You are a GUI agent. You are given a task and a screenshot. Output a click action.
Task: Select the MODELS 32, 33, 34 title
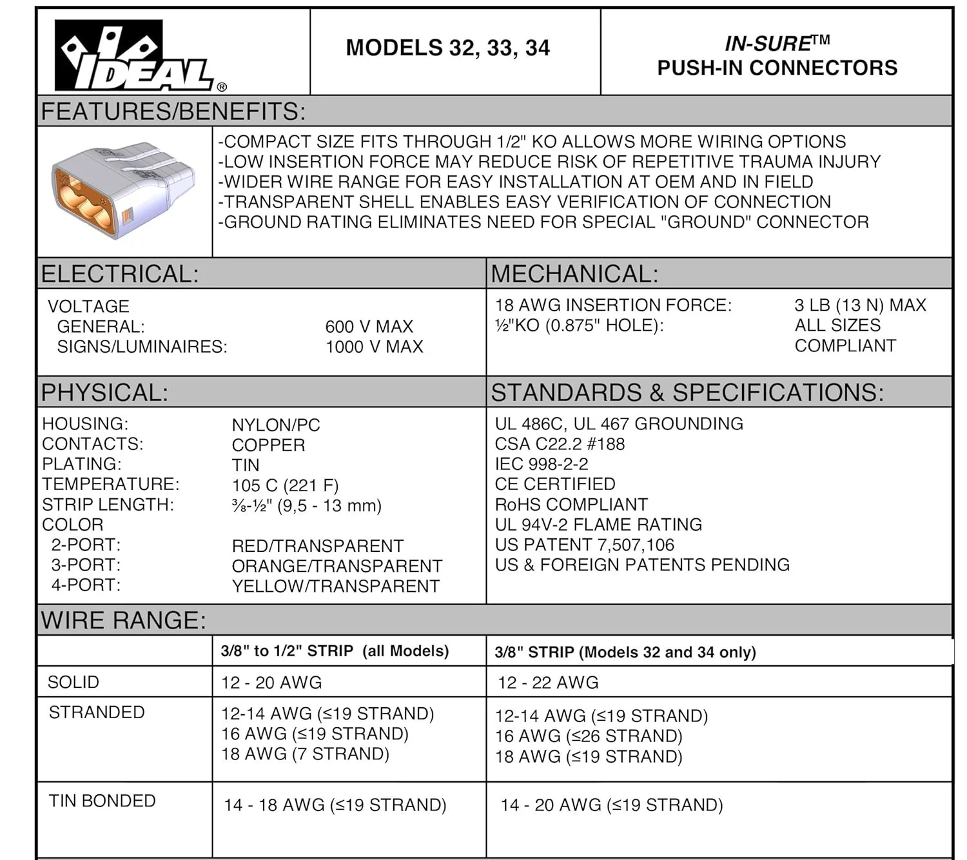447,48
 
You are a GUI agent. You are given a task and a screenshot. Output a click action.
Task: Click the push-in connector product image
122,190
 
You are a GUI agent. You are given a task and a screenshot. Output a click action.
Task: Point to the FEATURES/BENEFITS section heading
173,112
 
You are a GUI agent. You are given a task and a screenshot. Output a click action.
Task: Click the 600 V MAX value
369,327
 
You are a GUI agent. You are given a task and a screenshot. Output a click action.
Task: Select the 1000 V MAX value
374,347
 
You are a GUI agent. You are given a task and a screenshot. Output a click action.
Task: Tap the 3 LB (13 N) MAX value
859,305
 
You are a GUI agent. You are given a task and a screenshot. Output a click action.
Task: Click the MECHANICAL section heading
574,275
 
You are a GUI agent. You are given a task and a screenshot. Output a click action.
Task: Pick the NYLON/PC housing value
276,425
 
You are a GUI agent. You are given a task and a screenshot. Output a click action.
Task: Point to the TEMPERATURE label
111,484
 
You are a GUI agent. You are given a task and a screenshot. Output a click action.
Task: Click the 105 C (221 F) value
285,485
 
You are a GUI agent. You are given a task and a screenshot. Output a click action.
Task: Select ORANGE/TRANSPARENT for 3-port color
337,566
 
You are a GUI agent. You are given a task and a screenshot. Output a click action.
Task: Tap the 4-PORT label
86,585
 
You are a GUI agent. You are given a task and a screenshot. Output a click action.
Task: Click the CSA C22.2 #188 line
560,444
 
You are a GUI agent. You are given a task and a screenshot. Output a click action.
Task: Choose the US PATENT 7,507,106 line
584,545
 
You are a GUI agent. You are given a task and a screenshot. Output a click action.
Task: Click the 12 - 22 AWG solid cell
548,683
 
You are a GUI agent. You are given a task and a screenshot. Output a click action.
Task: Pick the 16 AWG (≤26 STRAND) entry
588,736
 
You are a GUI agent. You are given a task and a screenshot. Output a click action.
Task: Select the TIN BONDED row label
102,801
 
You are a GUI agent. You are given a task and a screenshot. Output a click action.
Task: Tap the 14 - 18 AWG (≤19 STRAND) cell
335,805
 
